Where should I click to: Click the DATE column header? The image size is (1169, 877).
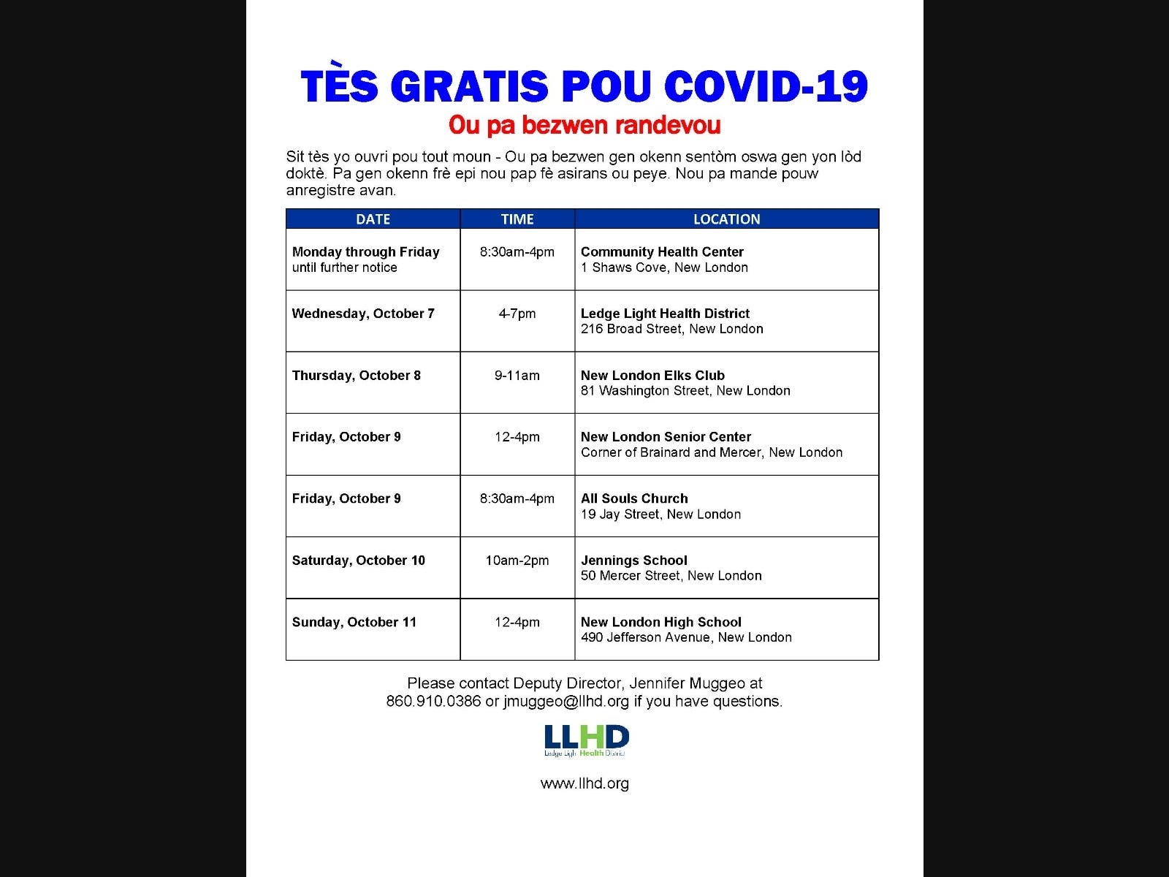tap(373, 219)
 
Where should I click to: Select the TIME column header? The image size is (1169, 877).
tap(517, 219)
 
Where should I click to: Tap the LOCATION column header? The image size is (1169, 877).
tap(726, 219)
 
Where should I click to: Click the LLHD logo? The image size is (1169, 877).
tap(586, 740)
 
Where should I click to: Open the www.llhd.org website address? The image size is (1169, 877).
tap(584, 783)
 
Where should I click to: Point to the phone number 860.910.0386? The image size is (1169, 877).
tap(433, 702)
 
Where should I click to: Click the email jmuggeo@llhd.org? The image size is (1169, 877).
tap(566, 702)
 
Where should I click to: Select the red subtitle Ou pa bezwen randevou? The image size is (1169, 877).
tap(584, 126)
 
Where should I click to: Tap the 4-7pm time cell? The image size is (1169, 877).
tap(517, 314)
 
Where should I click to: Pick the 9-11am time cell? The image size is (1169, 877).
tap(517, 376)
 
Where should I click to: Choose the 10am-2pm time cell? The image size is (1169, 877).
tap(517, 561)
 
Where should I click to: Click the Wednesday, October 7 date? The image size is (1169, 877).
tap(363, 314)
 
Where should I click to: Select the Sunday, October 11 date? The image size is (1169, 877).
tap(354, 623)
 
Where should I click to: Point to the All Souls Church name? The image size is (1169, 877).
tap(634, 498)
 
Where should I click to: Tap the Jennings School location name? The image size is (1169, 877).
tap(633, 561)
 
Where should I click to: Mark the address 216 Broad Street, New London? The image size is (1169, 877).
tap(671, 329)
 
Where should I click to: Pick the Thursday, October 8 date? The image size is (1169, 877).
tap(356, 376)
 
